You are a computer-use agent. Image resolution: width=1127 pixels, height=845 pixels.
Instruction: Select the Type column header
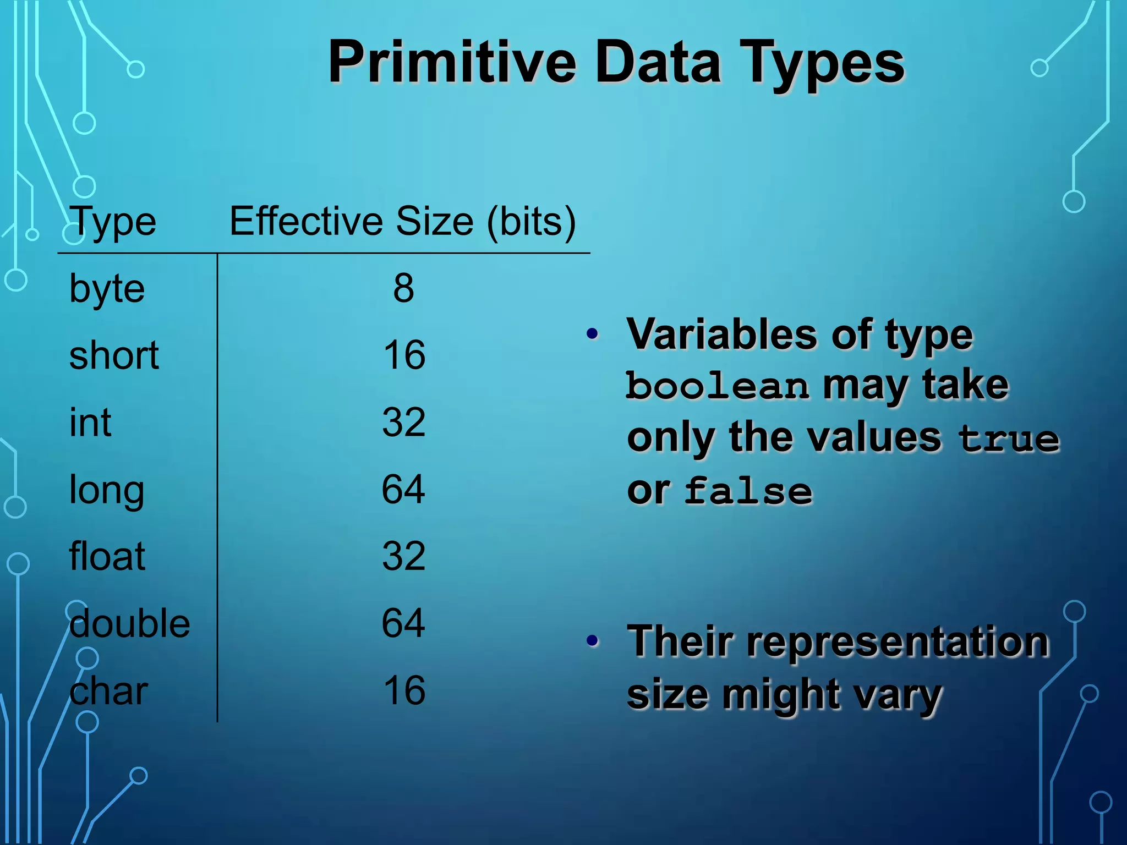(113, 222)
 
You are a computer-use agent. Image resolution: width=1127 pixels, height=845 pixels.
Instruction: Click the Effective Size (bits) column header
(402, 221)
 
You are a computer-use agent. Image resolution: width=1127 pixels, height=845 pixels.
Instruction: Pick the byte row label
(107, 289)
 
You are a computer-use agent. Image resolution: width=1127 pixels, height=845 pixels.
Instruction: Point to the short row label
(114, 355)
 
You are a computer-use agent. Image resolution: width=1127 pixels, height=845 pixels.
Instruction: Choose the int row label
(90, 422)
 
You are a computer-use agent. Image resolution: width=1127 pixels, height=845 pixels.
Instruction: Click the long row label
(107, 490)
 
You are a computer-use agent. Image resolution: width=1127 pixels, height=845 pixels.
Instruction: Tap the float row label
(107, 556)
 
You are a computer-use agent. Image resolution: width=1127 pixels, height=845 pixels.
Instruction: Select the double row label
(130, 623)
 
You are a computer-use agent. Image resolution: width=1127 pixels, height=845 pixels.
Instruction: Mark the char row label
(109, 691)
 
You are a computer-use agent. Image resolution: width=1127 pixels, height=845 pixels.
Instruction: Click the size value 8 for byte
(403, 288)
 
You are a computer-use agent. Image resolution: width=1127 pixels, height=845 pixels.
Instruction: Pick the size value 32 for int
(403, 422)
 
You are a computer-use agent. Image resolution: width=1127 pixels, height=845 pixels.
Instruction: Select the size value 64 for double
(403, 623)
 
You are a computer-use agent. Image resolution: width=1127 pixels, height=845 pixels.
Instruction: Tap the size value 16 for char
(404, 690)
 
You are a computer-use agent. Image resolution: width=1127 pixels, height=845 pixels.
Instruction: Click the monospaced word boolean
(718, 386)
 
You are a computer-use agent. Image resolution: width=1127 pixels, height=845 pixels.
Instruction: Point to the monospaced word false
(748, 491)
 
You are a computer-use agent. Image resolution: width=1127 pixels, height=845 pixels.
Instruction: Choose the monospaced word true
(1009, 438)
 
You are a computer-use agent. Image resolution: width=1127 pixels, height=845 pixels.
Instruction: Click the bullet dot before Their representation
(592, 640)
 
